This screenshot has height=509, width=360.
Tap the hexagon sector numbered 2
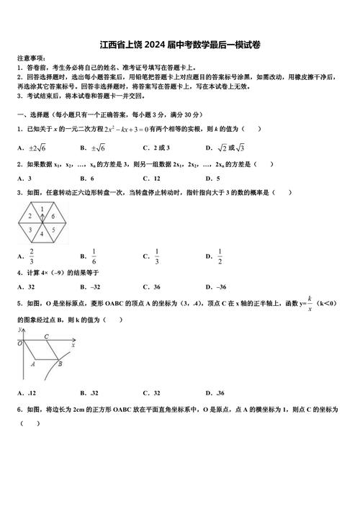coord(30,215)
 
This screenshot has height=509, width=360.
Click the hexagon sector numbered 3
coord(30,230)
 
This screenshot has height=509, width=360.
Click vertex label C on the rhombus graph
coord(46,336)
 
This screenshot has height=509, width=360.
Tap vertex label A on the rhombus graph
coord(33,364)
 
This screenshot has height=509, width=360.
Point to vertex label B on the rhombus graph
coord(60,364)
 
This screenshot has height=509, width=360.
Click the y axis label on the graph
coord(19,329)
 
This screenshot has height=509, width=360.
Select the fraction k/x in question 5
coord(310,302)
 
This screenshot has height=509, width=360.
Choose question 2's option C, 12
coord(151,178)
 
